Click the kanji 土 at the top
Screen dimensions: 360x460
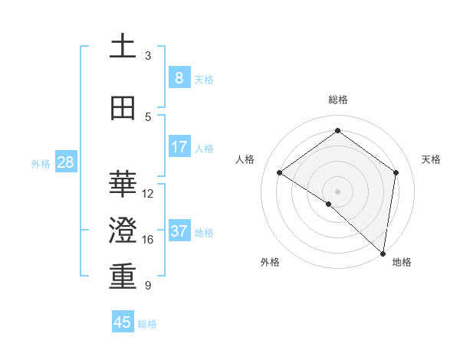click(x=123, y=47)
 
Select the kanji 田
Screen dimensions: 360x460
click(x=123, y=108)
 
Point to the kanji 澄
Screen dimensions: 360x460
click(x=123, y=231)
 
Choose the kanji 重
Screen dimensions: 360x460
click(x=123, y=277)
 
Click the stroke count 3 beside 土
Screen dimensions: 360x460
click(x=148, y=55)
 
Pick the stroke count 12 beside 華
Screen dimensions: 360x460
click(x=148, y=193)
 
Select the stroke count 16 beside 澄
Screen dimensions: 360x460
click(x=148, y=240)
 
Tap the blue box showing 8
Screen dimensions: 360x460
click(x=179, y=78)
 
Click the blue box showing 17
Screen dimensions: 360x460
click(x=179, y=147)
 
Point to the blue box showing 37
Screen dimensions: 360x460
click(x=179, y=231)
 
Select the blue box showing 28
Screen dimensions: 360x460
click(x=65, y=162)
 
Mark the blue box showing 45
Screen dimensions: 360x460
click(x=123, y=322)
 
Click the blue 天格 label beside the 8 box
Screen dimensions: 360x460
click(x=204, y=79)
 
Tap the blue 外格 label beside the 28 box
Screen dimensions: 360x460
click(x=41, y=163)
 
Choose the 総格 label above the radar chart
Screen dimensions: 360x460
click(x=337, y=100)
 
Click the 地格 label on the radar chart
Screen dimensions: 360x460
click(x=402, y=262)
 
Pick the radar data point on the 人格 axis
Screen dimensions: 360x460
click(x=280, y=172)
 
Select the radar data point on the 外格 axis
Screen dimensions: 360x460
click(x=329, y=204)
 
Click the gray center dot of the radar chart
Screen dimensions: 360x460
click(x=337, y=190)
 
